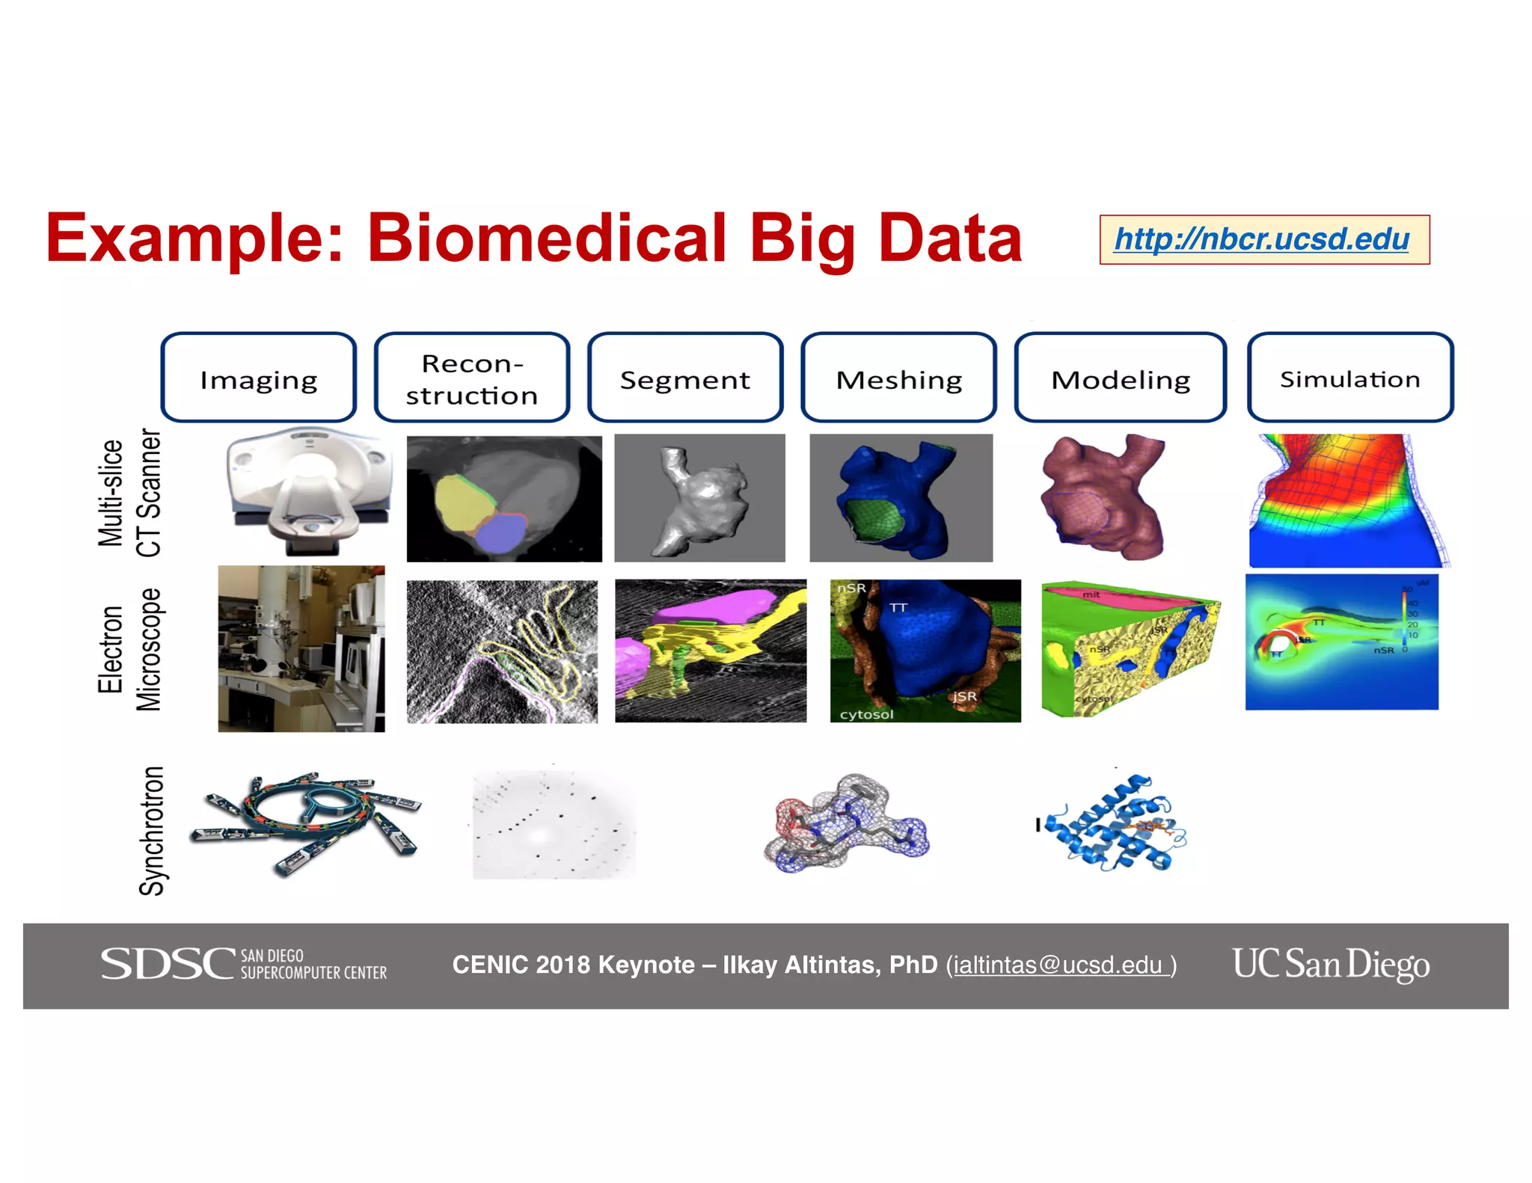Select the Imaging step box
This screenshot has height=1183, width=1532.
click(x=259, y=378)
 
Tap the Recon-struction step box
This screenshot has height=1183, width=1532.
click(x=472, y=378)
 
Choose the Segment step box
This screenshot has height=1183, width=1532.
click(x=684, y=378)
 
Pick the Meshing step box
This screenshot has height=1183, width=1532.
click(x=898, y=378)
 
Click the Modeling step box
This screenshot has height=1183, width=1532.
click(x=1120, y=378)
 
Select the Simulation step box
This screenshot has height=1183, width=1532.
click(x=1349, y=378)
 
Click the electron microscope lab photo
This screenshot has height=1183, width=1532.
click(x=301, y=648)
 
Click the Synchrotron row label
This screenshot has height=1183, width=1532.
click(x=151, y=830)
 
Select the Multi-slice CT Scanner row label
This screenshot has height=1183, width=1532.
click(x=129, y=493)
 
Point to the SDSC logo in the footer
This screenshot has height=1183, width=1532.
click(x=244, y=964)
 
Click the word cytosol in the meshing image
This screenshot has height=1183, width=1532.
click(x=866, y=714)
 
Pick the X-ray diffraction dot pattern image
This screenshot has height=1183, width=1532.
click(x=554, y=824)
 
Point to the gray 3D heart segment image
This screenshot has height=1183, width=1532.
click(x=699, y=498)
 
